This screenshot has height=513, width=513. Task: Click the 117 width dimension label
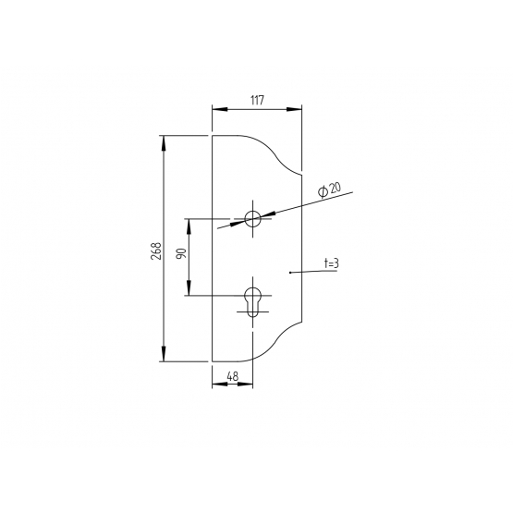tap(258, 100)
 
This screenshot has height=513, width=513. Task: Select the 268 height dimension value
tap(156, 250)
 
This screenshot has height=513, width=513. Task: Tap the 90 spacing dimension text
tap(181, 253)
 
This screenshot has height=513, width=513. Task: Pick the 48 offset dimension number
tap(233, 376)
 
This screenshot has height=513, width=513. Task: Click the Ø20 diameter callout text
tap(329, 190)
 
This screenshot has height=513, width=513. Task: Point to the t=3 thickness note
tap(331, 263)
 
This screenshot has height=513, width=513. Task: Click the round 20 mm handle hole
tap(252, 218)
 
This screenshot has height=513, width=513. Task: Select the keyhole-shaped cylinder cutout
tap(252, 302)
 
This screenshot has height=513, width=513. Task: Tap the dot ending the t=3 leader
tap(290, 272)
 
